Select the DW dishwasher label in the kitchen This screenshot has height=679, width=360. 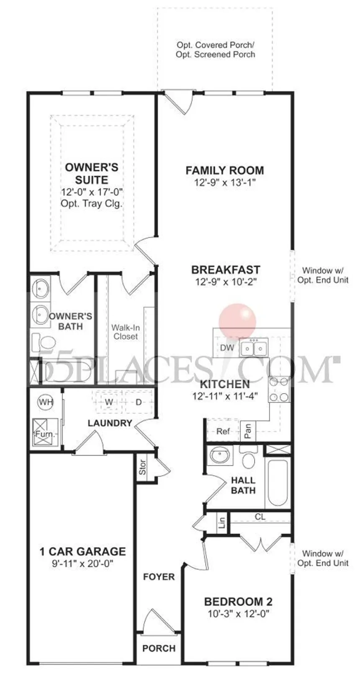click(227, 348)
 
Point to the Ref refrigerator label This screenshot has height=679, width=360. click(223, 431)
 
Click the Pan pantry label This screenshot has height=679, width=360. click(248, 430)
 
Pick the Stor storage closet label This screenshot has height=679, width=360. click(143, 467)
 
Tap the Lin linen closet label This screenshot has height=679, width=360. click(222, 522)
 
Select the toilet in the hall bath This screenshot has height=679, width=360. click(249, 459)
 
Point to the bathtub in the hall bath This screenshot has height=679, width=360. click(277, 483)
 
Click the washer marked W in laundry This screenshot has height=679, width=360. click(109, 402)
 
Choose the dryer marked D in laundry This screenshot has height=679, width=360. click(138, 402)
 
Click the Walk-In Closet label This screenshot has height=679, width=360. click(125, 332)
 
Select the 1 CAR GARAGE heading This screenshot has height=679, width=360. click(82, 551)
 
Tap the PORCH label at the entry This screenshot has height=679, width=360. click(159, 648)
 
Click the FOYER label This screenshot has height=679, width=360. click(159, 577)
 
